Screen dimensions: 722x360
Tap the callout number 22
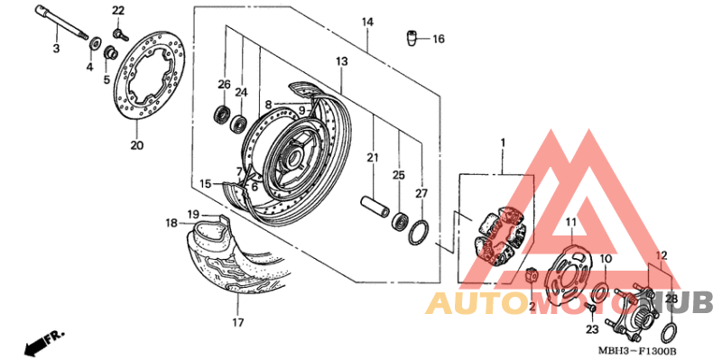[x=119, y=11]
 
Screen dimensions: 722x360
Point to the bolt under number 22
[x=119, y=33]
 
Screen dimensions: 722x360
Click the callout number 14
[x=367, y=22]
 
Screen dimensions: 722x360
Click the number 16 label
[x=439, y=39]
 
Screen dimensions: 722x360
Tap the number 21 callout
[x=370, y=159]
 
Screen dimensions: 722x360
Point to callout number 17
[x=237, y=322]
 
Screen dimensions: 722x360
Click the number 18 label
[x=171, y=223]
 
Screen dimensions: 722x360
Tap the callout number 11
[x=570, y=222]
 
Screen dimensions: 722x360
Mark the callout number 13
[x=342, y=61]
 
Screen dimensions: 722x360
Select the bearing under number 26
[x=221, y=115]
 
